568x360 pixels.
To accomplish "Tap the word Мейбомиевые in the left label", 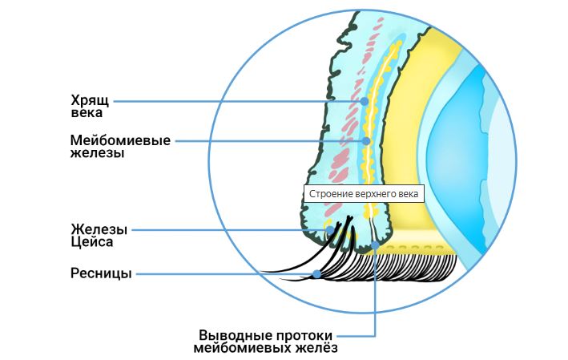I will coord(119,140).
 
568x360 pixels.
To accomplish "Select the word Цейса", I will coord(91,241).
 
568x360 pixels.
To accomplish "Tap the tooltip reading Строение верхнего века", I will coord(364,193).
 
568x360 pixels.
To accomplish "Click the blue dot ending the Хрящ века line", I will coord(365,101).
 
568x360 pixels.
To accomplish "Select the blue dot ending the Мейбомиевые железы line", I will coord(366,140).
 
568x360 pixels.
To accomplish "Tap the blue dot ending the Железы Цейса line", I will coord(328,230).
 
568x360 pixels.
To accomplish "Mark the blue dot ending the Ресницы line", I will coord(317,274).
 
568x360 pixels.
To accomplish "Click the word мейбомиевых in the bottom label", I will coord(240,348).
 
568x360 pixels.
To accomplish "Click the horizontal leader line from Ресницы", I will coord(224,274).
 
